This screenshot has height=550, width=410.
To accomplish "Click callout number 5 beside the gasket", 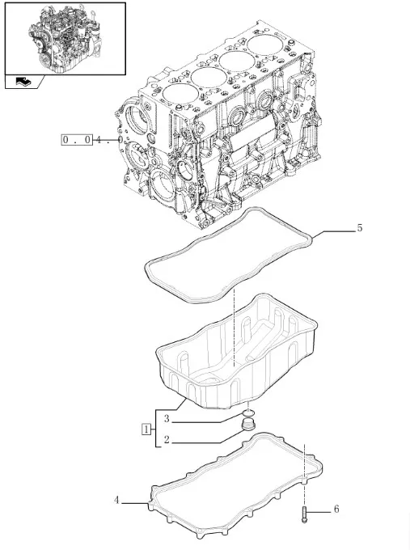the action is pos(360,228).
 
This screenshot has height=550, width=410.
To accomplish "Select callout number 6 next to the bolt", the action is pos(336,509).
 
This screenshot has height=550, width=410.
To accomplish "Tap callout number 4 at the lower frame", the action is pos(116,500).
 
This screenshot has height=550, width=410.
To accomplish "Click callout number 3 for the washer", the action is pos(167,418).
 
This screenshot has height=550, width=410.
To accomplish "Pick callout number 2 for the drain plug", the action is pos(167,439).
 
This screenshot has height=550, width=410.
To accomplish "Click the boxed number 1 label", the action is pos(146,429).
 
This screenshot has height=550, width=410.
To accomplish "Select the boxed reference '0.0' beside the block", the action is pos(77,140).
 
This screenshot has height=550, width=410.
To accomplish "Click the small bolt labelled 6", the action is pos(304,515).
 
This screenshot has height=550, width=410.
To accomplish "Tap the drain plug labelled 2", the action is pos(248,425).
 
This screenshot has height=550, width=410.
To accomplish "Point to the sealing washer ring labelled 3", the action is pos(248,412).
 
